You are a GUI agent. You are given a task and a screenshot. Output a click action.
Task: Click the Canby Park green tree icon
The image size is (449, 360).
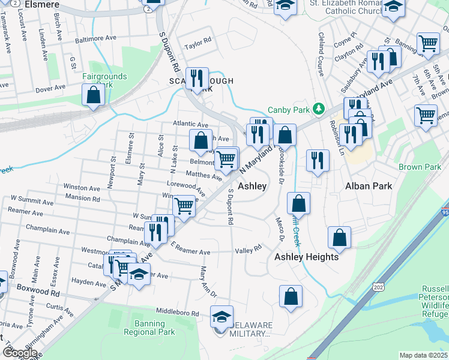coord(319,109)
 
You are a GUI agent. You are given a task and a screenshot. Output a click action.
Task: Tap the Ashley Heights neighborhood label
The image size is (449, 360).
coord(306,257)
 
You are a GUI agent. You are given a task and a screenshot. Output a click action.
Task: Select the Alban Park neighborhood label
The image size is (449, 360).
coord(369,186)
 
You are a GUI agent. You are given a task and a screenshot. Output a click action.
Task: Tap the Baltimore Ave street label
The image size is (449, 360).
coord(95,40)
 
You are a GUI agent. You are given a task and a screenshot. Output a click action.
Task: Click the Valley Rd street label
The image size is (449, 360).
coord(249,248)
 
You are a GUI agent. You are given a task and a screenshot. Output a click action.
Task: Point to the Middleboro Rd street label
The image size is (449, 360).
coord(177,313)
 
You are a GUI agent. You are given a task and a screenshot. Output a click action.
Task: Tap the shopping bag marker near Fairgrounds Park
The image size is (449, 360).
coord(94,95)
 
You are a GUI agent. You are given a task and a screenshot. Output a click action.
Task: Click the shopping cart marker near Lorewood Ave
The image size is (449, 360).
coord(184,206)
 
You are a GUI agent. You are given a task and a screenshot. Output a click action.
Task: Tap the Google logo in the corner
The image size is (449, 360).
coord(19,353)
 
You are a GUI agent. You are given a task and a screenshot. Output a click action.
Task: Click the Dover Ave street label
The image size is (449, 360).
coord(50,88)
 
